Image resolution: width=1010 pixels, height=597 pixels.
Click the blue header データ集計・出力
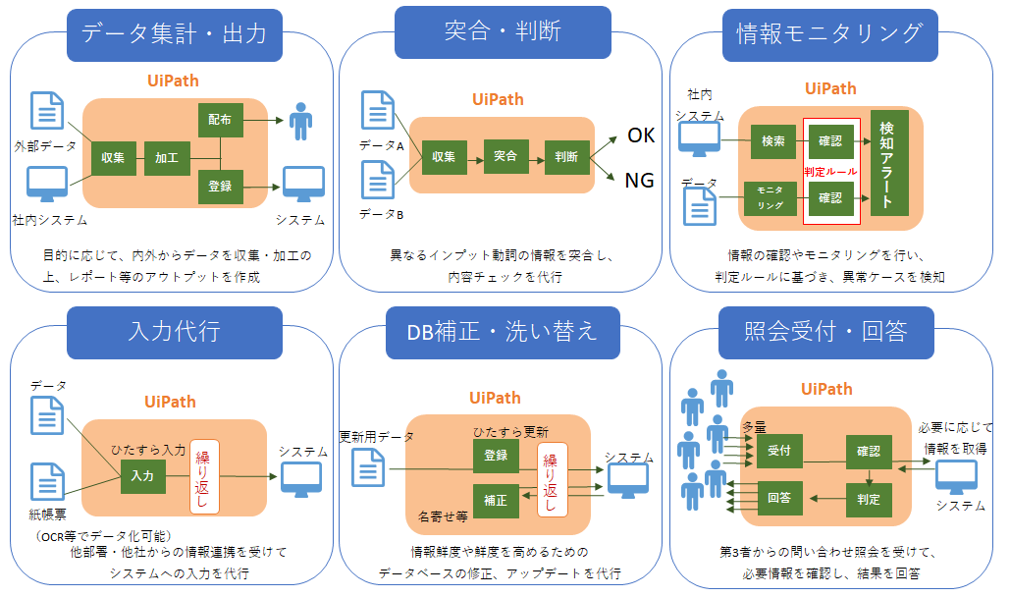pos(175,34)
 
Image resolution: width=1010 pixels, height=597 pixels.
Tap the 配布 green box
pos(220,120)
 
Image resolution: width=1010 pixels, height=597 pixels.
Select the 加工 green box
pos(167,158)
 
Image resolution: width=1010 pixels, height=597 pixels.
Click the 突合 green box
pos(505,157)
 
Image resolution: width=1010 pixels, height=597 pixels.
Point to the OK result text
pos(641,136)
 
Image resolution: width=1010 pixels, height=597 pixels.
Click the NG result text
pos(639,181)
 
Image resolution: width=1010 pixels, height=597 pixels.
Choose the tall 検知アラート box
pos(889,163)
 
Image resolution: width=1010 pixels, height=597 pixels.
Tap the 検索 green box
pos(773,141)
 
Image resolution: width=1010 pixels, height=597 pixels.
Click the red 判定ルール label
pos(831,172)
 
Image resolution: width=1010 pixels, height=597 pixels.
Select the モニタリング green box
pos(771,198)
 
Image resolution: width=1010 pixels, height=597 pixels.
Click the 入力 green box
pos(142,476)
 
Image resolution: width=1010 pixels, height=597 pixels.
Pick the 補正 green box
pos(496,501)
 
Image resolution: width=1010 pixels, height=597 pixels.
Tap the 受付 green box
pos(779,451)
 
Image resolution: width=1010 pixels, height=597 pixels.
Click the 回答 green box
pos(779,498)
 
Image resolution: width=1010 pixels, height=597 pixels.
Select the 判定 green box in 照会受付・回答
pos(869,500)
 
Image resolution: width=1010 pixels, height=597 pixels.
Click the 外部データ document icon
pos(48,111)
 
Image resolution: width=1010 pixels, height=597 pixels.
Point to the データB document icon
pos(378,180)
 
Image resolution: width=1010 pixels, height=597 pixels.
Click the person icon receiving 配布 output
pos(300,121)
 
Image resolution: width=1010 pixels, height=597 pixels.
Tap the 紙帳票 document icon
pos(48,481)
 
